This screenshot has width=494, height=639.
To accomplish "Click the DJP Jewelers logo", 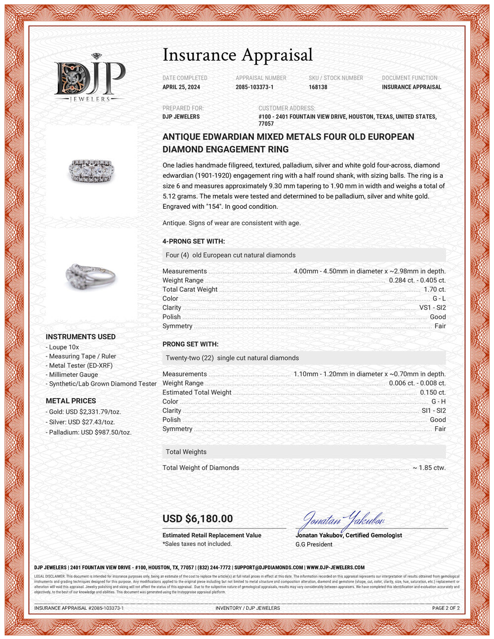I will click(90, 78).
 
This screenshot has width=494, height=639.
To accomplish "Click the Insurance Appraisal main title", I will click(238, 55).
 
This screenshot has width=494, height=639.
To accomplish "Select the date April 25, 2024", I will click(181, 87).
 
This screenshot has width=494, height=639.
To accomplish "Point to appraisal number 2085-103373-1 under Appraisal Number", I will click(254, 87).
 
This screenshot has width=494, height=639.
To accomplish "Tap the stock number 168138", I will click(318, 87).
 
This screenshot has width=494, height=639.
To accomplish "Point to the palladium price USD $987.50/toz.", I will click(89, 432).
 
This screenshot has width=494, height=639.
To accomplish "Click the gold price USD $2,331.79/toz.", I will click(84, 411).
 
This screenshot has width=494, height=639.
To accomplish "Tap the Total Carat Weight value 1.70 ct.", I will click(435, 289).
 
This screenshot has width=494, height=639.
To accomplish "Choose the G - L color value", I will click(439, 298).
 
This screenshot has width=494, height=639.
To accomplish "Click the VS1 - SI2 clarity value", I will click(432, 308).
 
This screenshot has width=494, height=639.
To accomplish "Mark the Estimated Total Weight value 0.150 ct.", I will click(433, 392).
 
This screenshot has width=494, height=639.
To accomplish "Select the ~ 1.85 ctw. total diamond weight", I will click(429, 468).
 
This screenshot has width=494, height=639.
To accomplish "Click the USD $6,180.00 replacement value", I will click(198, 519).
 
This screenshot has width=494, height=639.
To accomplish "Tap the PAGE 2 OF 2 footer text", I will click(446, 608).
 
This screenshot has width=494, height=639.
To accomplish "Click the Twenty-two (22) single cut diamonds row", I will click(232, 358).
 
